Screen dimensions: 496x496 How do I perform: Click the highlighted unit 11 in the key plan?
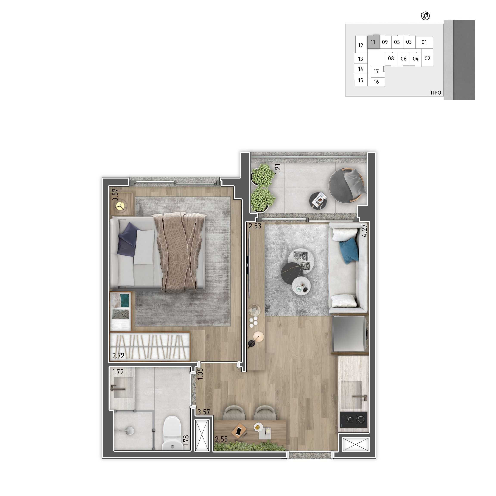(373, 42)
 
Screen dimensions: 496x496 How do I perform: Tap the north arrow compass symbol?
(426, 16)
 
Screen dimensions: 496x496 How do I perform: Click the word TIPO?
(436, 93)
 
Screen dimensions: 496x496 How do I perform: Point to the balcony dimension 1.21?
(278, 169)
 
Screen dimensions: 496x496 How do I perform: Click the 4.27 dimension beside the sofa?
(364, 230)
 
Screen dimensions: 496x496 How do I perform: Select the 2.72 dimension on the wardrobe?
(118, 356)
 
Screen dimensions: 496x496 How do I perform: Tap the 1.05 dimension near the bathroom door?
(200, 374)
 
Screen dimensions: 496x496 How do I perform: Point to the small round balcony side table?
(318, 201)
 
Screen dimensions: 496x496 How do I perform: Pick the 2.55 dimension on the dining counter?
(221, 439)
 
